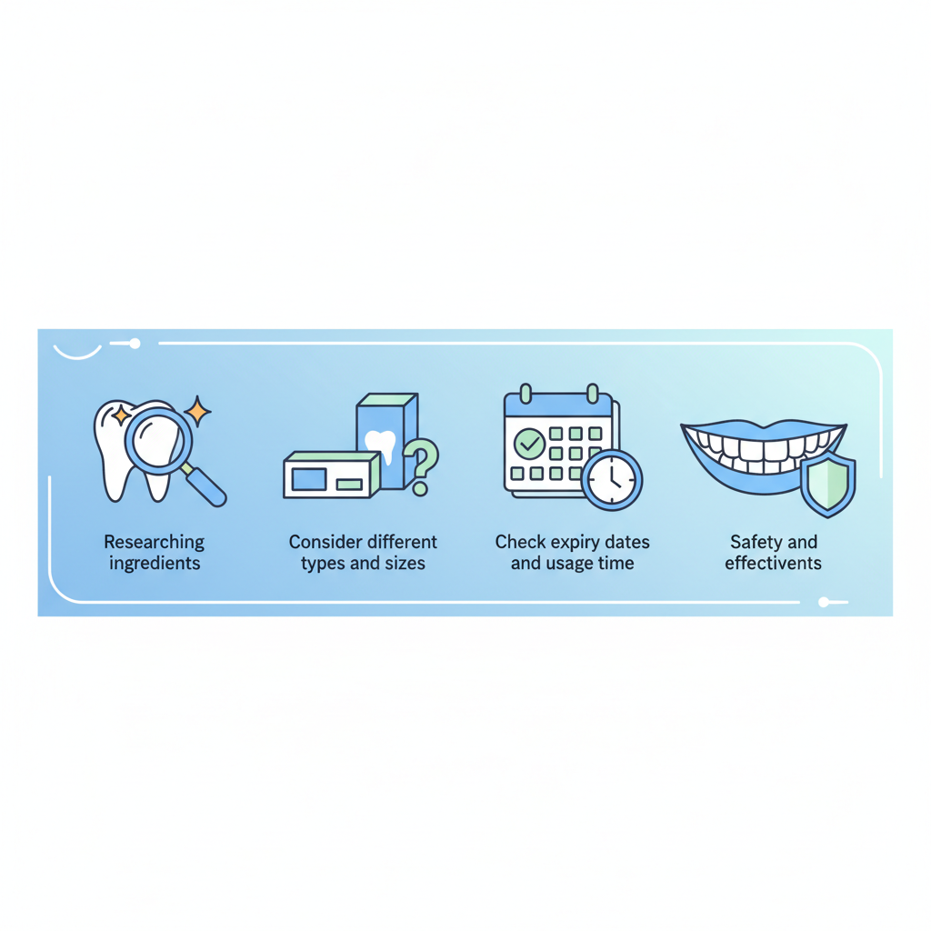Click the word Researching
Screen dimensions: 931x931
[x=154, y=543]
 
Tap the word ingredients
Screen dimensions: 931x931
[x=155, y=564]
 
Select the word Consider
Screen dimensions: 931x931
[x=325, y=542]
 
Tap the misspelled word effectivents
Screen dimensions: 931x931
[x=773, y=563]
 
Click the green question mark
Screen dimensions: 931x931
[x=421, y=466]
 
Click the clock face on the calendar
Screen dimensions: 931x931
[x=612, y=480]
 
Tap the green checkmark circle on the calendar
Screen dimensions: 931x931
[x=529, y=444]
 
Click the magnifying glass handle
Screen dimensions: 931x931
[x=205, y=487]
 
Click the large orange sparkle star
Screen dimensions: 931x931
[x=197, y=412]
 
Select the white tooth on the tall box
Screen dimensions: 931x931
[x=380, y=445]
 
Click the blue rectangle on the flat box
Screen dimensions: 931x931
[x=309, y=478]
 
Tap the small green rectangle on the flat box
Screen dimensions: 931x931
[x=349, y=485]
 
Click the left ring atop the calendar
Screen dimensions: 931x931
[x=526, y=393]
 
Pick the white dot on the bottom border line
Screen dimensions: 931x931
[x=824, y=602]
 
